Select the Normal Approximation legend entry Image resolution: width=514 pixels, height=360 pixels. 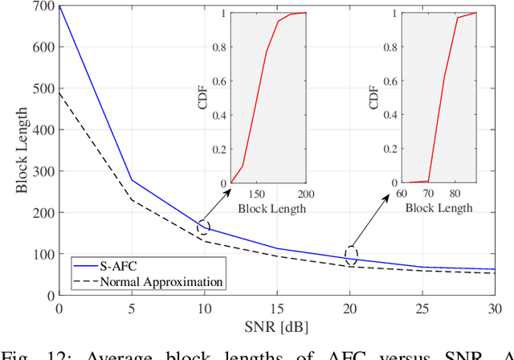point(161,281)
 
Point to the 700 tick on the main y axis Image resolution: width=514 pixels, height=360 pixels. point(45,6)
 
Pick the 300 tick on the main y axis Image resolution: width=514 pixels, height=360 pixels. point(45,171)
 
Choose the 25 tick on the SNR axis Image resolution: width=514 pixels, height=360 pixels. point(422,309)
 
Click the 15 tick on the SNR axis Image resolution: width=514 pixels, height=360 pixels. point(276,309)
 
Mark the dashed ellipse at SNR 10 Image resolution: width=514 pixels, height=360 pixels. point(204,227)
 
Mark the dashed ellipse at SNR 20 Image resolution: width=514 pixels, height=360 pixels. point(350,255)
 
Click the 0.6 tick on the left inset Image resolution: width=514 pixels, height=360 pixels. point(219,81)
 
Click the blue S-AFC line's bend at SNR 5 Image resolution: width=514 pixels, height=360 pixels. point(132,179)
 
